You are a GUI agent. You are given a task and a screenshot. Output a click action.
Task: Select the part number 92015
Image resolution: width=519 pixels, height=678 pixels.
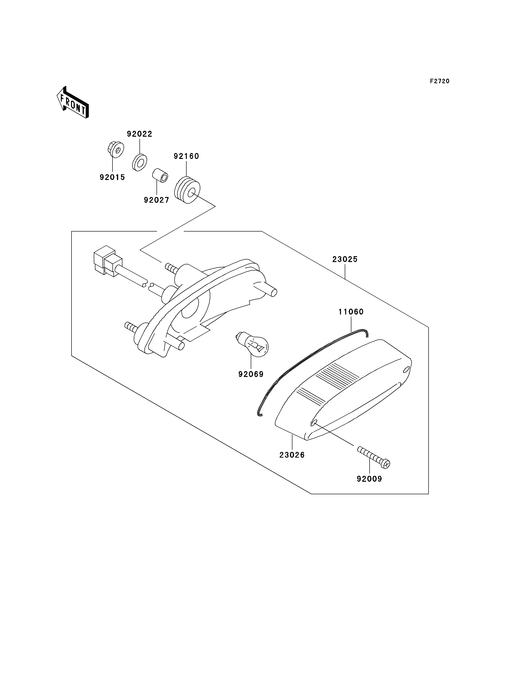point(112,177)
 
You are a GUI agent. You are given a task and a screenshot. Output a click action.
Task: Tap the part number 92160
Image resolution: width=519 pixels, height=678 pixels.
point(186,156)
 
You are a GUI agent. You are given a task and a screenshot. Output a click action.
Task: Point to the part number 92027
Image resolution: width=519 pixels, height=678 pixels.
point(157,200)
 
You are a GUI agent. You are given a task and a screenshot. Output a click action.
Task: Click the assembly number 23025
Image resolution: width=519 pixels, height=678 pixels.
point(345,259)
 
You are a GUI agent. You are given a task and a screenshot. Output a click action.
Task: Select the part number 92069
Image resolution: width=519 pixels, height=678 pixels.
point(251,374)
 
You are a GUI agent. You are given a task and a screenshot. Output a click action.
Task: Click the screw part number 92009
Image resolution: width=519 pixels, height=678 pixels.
point(369,479)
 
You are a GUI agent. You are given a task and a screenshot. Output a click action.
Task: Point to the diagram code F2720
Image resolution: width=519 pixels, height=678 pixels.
point(440,81)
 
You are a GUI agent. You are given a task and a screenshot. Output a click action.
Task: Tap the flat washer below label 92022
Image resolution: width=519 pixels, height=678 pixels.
point(140,162)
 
